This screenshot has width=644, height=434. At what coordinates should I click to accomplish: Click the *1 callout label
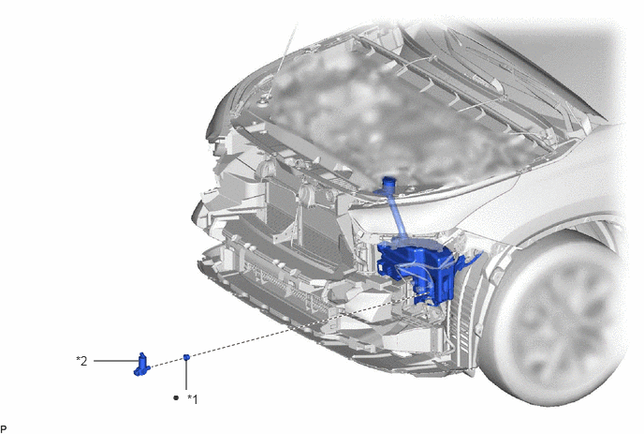click(x=193, y=399)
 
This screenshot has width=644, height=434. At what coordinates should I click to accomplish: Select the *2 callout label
click(x=81, y=361)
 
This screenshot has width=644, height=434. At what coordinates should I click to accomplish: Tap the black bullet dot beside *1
click(x=176, y=397)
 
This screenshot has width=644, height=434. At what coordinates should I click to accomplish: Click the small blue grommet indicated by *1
click(x=186, y=356)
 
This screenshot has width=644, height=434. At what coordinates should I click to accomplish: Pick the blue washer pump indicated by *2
click(x=141, y=365)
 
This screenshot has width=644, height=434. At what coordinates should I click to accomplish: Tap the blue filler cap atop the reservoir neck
click(x=388, y=182)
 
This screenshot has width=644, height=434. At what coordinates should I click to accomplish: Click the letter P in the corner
click(x=4, y=429)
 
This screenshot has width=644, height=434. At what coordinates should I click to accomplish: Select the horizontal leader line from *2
click(x=116, y=361)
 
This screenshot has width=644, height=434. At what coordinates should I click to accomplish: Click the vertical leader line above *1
click(x=186, y=375)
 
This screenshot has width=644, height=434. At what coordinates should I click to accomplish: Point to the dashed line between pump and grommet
click(x=167, y=362)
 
